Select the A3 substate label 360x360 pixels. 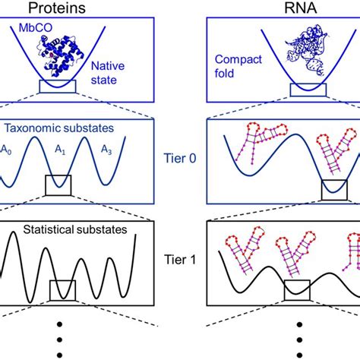[137, 151]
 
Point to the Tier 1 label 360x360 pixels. [182, 260]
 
